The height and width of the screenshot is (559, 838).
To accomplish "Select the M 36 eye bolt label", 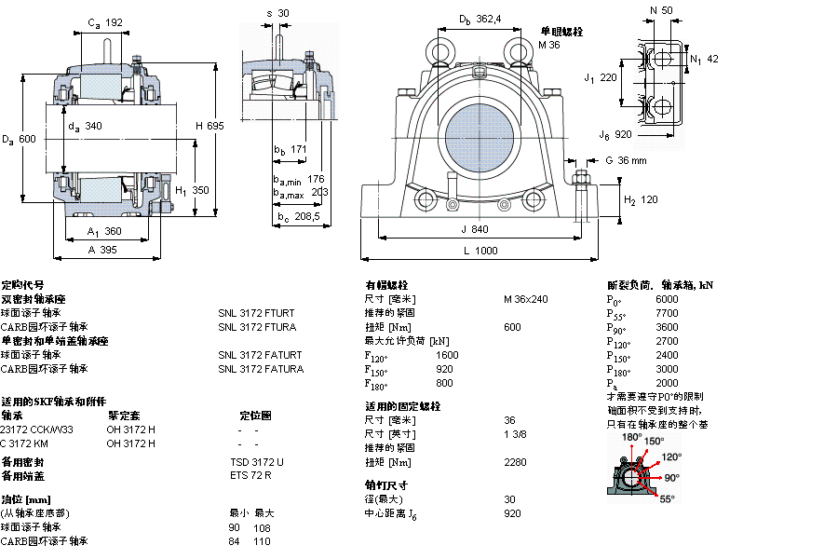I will pyautogui.click(x=549, y=45).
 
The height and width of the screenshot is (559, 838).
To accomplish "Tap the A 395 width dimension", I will pyautogui.click(x=102, y=250).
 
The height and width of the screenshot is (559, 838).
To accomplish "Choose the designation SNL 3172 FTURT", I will pyautogui.click(x=256, y=313).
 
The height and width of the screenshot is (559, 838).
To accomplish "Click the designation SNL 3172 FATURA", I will pyautogui.click(x=261, y=369).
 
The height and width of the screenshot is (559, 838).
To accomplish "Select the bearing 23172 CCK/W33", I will pyautogui.click(x=37, y=429).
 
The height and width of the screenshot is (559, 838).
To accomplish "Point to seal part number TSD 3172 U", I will pyautogui.click(x=257, y=462).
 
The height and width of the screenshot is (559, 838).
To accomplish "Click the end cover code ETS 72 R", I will pyautogui.click(x=250, y=476).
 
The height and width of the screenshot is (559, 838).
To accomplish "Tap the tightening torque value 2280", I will pyautogui.click(x=515, y=462).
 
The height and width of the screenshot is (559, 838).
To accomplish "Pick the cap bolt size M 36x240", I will pyautogui.click(x=526, y=299).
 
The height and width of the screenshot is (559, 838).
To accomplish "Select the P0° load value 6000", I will pyautogui.click(x=667, y=299).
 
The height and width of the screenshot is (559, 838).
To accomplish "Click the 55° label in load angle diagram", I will pyautogui.click(x=667, y=499).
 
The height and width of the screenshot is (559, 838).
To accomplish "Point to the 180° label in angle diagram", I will pyautogui.click(x=631, y=437).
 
